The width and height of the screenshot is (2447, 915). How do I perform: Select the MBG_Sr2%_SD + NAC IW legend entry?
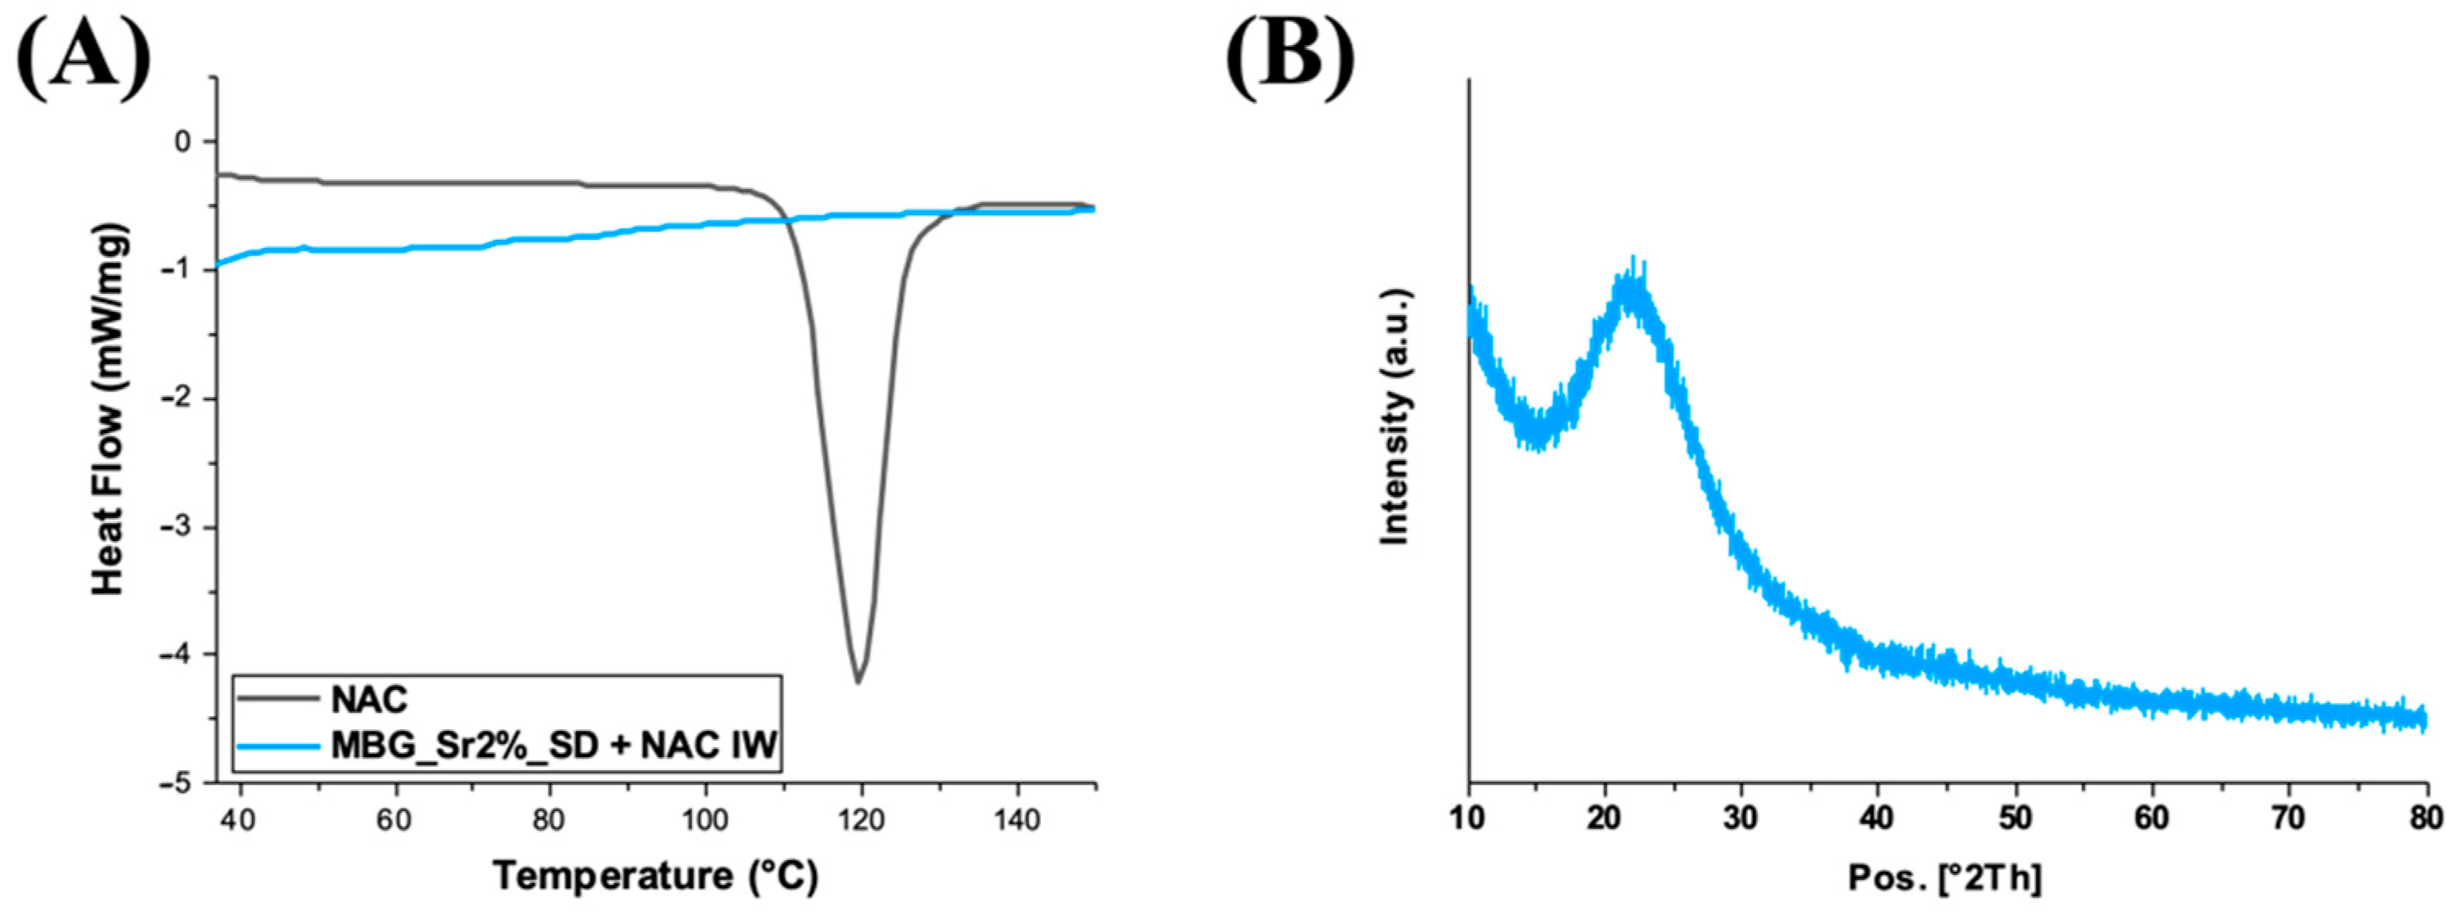tap(555, 747)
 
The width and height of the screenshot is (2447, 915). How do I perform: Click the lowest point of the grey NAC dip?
tap(858, 681)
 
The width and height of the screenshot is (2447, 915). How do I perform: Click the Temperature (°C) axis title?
tap(655, 875)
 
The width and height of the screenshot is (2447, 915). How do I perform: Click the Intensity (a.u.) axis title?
tap(1395, 416)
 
